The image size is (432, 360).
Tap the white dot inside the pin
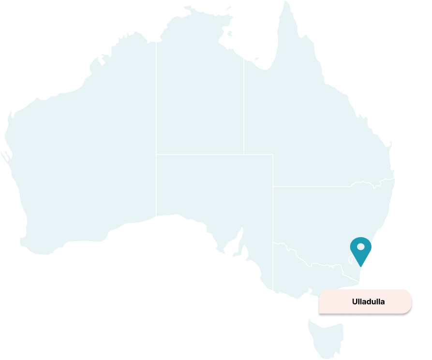[x=360, y=247]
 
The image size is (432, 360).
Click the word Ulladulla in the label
[x=368, y=302]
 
